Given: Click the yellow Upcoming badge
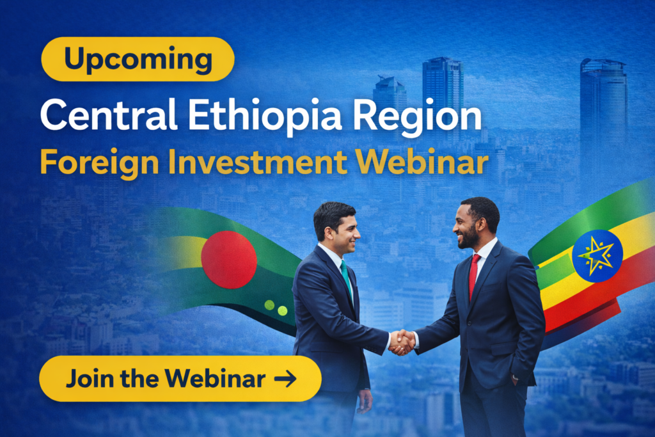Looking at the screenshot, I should pyautogui.click(x=138, y=60).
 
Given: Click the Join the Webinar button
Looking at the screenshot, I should pyautogui.click(x=180, y=379).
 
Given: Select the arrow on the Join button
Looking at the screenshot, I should pyautogui.click(x=285, y=379).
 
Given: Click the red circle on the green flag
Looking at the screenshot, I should pyautogui.click(x=229, y=259).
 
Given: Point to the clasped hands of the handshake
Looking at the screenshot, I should pyautogui.click(x=402, y=342).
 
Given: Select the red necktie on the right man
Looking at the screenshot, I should pyautogui.click(x=474, y=274).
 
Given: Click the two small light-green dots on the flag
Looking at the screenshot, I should pyautogui.click(x=276, y=308).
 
